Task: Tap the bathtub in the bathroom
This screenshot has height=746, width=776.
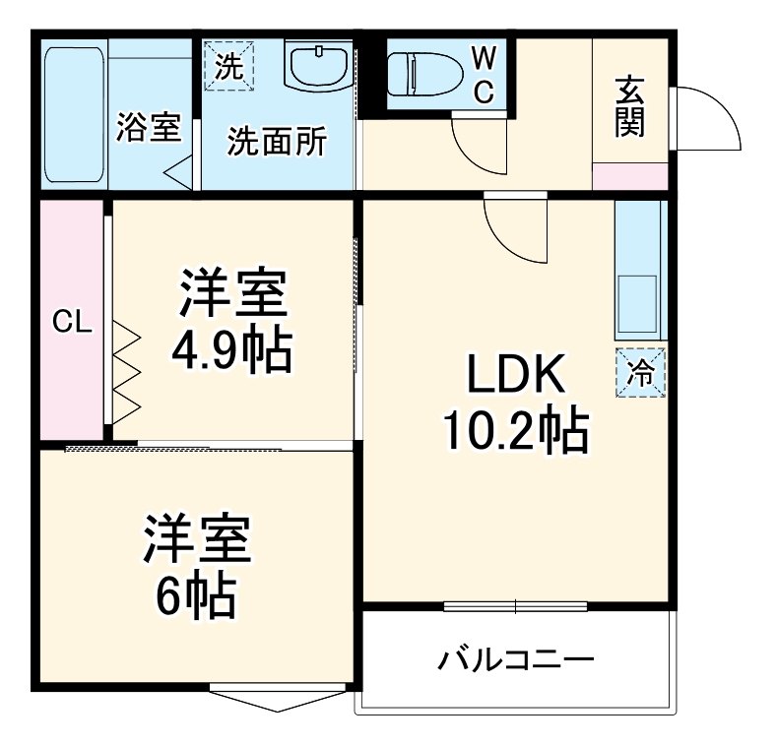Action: [x=74, y=111]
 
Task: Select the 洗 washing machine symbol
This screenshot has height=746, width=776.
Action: [x=228, y=67]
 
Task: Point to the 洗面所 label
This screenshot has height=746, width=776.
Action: [x=277, y=143]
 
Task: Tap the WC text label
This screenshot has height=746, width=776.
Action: [x=484, y=75]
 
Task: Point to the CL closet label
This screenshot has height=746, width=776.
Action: [x=72, y=322]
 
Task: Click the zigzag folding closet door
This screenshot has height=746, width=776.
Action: [x=127, y=372]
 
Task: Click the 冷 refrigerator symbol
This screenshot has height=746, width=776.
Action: [x=640, y=373]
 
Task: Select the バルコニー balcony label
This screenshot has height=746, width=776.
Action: [x=516, y=657]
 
